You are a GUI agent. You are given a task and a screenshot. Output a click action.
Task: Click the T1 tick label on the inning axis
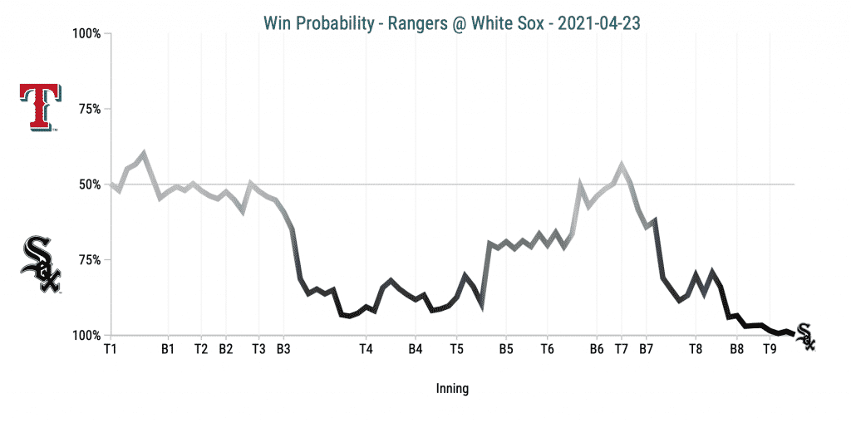pos(111,349)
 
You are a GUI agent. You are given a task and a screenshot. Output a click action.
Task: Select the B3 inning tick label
pos(283,349)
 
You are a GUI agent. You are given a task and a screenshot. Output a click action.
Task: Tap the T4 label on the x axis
pos(366,349)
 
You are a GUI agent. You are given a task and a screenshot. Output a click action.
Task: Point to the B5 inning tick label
pos(505,349)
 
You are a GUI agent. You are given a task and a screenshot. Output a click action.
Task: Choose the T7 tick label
pos(621,349)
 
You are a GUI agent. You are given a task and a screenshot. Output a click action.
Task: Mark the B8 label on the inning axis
pos(737,349)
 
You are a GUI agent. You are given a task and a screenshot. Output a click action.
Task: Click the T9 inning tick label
pos(770,349)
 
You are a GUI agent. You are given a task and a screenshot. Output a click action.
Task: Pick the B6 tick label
pos(597,349)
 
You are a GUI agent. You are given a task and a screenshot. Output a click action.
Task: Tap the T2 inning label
pos(201,349)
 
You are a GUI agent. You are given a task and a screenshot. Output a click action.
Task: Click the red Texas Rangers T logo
pos(39,108)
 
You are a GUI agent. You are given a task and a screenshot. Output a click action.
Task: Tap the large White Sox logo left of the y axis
pos(41,263)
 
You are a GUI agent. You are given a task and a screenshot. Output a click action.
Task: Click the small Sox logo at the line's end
pos(805,336)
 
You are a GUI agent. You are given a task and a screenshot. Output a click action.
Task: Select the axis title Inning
pos(452,388)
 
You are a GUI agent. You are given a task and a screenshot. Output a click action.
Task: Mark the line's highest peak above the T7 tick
pos(622,165)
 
